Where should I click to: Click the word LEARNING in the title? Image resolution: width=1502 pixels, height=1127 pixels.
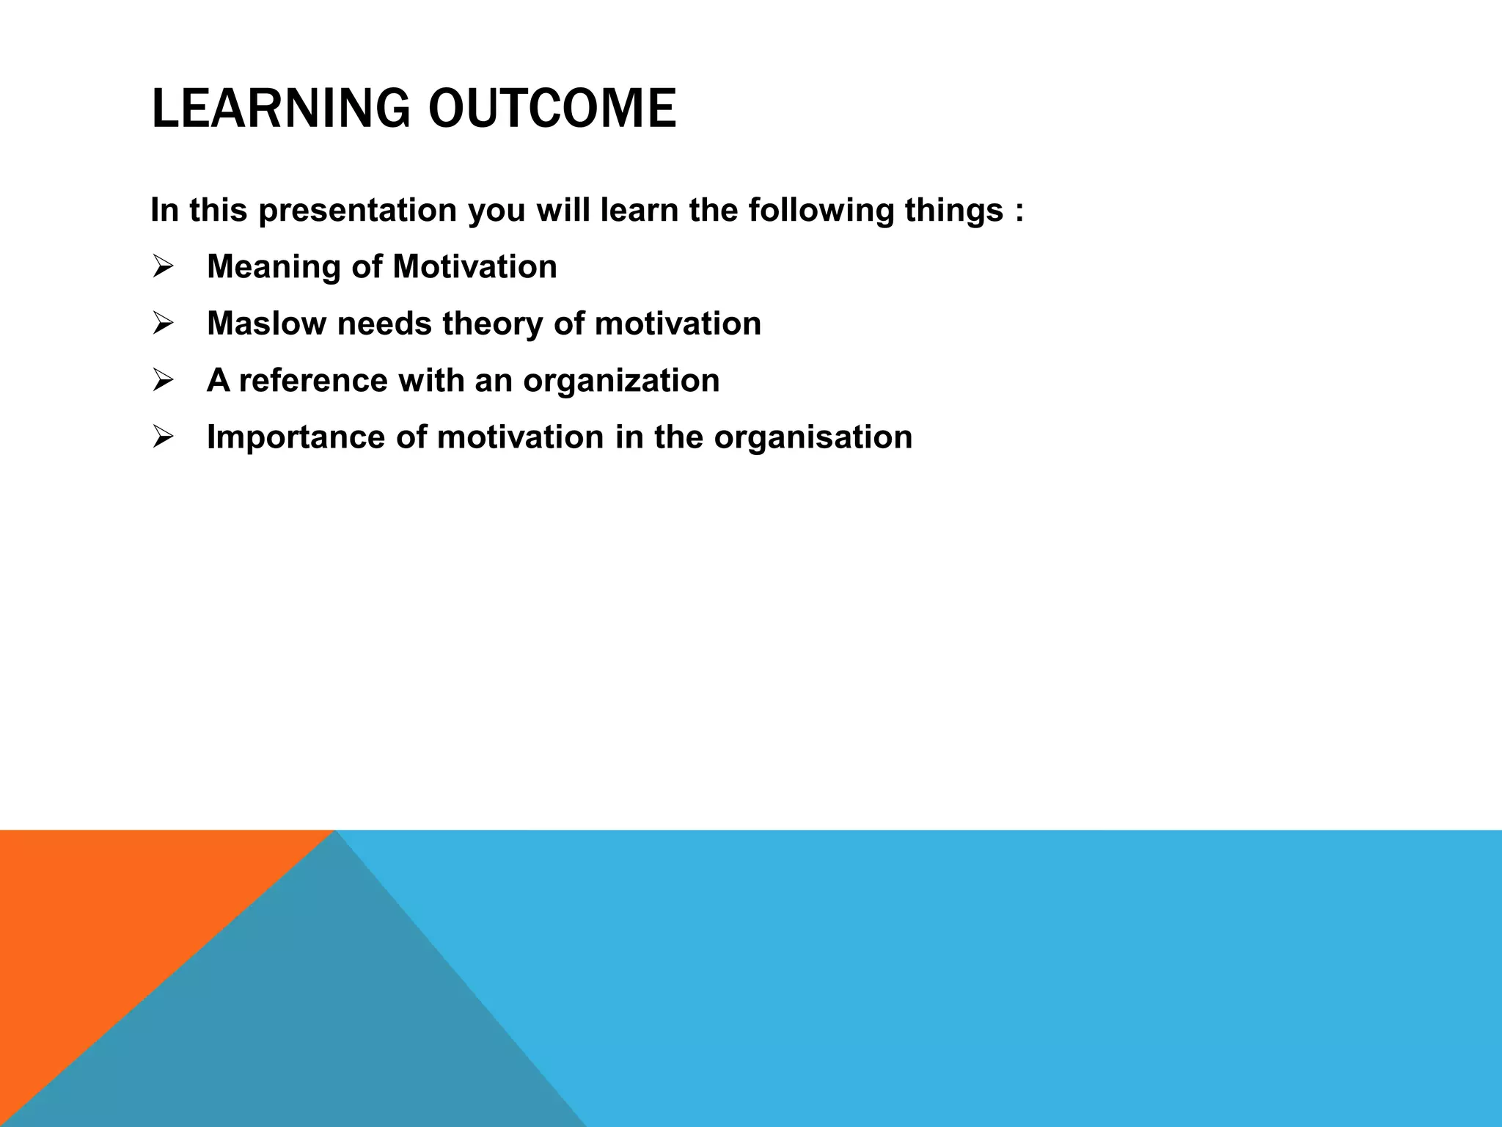279,109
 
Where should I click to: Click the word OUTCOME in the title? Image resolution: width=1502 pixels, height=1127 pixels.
552,109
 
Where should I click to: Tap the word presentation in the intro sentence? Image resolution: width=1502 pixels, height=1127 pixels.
357,210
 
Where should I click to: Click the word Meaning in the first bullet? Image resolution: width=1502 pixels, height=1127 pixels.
274,266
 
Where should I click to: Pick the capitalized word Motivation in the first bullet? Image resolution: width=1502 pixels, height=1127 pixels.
475,266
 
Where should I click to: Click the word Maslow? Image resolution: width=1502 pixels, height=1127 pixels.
266,324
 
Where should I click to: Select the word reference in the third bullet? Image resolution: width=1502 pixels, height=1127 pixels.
313,380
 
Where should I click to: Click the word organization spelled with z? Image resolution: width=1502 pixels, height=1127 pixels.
621,380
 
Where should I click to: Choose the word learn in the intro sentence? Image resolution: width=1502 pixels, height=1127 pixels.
639,210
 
